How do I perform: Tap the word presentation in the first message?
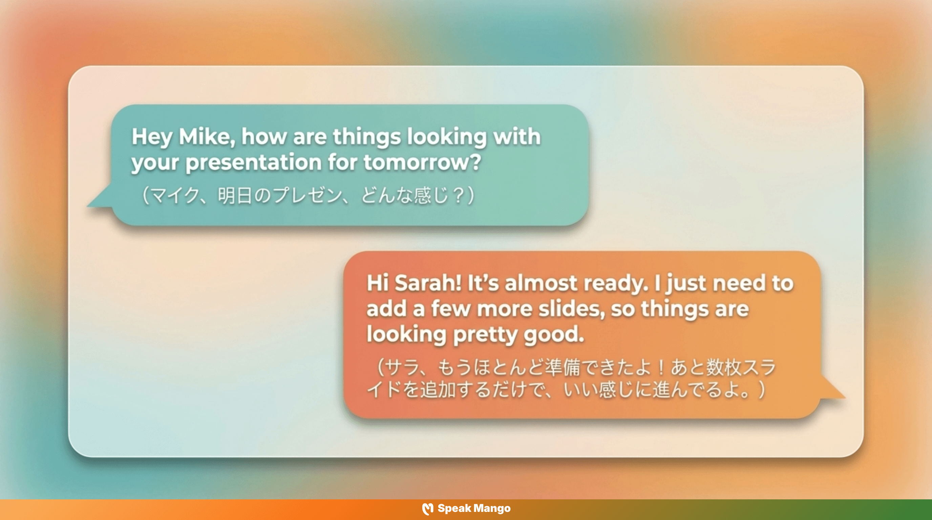[x=253, y=162]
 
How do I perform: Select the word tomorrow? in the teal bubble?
[x=422, y=162]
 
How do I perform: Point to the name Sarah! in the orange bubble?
[x=428, y=283]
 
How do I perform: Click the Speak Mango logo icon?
[x=428, y=509]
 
